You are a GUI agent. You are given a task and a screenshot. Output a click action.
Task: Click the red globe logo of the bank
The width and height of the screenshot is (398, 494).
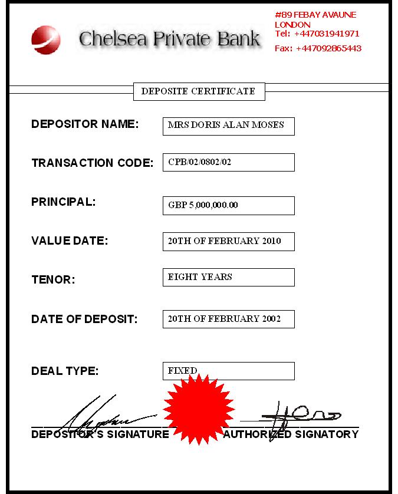coord(46,38)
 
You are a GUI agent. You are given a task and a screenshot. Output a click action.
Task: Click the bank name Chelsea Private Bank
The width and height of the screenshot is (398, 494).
coord(169,39)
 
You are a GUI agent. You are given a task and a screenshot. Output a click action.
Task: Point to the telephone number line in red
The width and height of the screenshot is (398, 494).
coord(317,34)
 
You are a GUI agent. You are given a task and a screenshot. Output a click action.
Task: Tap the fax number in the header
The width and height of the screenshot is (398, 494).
coord(318,48)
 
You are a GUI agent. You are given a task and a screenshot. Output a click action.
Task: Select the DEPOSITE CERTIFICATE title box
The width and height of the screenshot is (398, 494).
coord(199,91)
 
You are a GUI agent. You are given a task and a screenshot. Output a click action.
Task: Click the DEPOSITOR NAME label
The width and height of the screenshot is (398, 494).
coord(85,124)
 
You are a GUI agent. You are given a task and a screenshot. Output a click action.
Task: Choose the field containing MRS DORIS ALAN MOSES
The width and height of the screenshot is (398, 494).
coord(228,126)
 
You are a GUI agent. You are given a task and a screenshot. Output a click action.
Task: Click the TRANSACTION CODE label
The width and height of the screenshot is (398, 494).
coord(92,163)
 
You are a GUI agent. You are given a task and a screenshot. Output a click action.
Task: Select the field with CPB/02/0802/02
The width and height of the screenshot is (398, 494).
coord(228,162)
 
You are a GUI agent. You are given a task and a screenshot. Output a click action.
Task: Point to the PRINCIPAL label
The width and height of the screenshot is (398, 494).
coord(63,202)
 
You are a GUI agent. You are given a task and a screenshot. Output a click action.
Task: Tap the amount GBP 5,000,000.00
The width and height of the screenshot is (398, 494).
coord(228,206)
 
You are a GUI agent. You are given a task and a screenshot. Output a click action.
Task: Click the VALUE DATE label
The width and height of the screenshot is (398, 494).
coord(70,241)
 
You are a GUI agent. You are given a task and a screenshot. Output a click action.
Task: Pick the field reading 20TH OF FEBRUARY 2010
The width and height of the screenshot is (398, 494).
coord(228,241)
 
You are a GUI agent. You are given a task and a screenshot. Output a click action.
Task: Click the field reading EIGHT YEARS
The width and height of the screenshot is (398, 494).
coord(228,277)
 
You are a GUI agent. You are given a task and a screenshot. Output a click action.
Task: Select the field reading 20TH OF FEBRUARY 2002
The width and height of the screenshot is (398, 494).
coord(228,319)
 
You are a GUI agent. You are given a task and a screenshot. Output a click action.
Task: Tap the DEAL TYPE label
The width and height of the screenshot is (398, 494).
coord(65,371)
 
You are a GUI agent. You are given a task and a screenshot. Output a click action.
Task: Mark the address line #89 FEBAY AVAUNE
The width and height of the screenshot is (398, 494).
coord(315,15)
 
